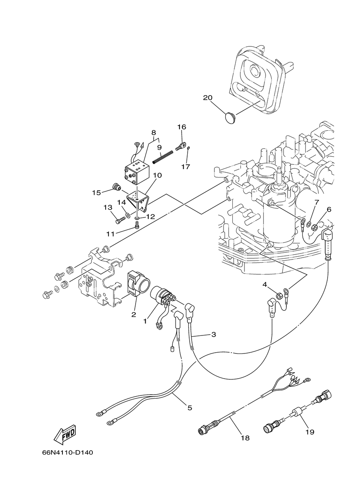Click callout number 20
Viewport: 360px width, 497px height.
[208, 98]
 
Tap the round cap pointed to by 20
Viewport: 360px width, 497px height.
[231, 117]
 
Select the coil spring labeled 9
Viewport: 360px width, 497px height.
[163, 157]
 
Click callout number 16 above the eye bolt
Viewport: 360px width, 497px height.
[182, 127]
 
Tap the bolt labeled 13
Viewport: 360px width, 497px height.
[120, 220]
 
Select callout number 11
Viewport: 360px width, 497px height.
[110, 234]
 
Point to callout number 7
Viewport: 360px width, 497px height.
[316, 202]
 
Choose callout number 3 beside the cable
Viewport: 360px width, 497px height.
[214, 341]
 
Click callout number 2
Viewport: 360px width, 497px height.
[133, 314]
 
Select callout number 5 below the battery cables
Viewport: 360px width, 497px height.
[190, 408]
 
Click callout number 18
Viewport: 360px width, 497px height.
[245, 438]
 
